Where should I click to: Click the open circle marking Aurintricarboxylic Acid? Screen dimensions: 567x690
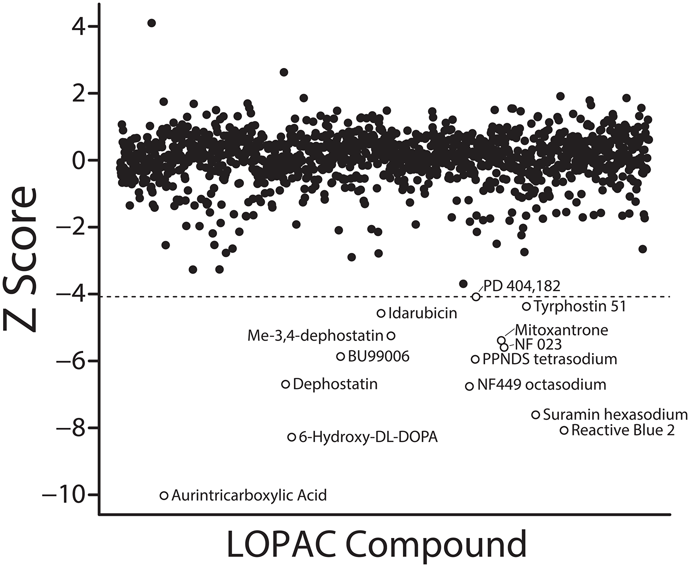click(164, 496)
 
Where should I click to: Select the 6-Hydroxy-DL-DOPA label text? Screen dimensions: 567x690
click(368, 437)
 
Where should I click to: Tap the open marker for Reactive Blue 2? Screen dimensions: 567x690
click(564, 430)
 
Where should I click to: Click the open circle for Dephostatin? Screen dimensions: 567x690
click(286, 384)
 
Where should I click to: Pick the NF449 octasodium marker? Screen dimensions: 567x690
click(470, 386)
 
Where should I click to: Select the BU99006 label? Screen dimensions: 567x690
click(378, 356)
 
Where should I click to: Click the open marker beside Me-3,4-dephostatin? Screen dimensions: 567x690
click(391, 335)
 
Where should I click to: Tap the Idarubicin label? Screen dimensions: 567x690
click(423, 313)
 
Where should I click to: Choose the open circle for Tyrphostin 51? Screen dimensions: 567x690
click(526, 306)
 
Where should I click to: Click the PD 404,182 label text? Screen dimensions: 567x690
click(521, 286)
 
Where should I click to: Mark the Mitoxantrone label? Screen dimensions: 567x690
click(561, 330)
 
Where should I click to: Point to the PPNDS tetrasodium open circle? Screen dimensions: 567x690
click(475, 359)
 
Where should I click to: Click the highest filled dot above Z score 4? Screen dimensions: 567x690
click(151, 23)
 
